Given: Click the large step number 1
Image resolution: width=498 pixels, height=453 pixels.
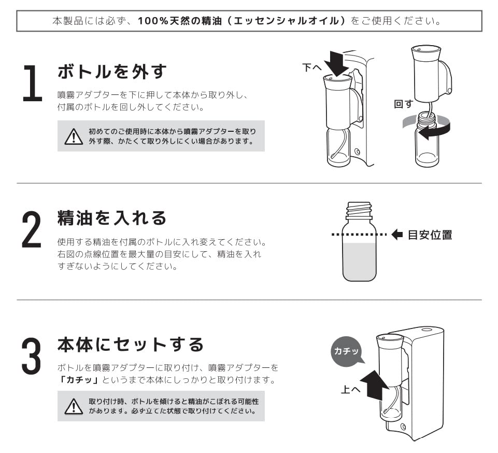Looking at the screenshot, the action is tap(33, 83).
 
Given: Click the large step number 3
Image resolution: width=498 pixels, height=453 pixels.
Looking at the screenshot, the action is tap(32, 356).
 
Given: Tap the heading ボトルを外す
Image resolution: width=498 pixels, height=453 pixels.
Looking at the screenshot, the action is tap(112, 71).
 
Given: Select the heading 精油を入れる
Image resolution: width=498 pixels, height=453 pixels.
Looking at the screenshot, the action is tap(112, 218).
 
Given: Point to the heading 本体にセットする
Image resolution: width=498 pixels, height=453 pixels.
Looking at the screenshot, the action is tap(131, 345).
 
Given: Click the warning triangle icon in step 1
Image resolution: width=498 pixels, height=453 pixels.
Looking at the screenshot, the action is tap(74, 136).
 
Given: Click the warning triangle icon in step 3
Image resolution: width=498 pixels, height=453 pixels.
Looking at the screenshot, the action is tap(74, 406).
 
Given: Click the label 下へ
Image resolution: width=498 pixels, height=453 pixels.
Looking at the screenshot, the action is tap(312, 67).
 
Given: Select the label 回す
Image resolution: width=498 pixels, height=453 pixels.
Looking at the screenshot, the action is tap(403, 104).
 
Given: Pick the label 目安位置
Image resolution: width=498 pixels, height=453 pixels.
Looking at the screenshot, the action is tap(430, 235).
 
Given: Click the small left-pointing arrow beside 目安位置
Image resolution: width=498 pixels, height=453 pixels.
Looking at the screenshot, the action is tap(397, 235).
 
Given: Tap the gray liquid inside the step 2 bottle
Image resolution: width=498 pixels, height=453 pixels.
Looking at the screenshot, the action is tap(359, 262).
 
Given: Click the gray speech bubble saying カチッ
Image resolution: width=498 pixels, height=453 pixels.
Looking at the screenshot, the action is tap(347, 351).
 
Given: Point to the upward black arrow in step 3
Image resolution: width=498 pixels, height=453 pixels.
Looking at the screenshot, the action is tap(375, 385).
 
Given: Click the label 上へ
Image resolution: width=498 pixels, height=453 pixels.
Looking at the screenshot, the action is tap(350, 389).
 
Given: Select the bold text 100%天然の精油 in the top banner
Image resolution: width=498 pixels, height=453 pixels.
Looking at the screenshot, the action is tap(180, 21).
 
